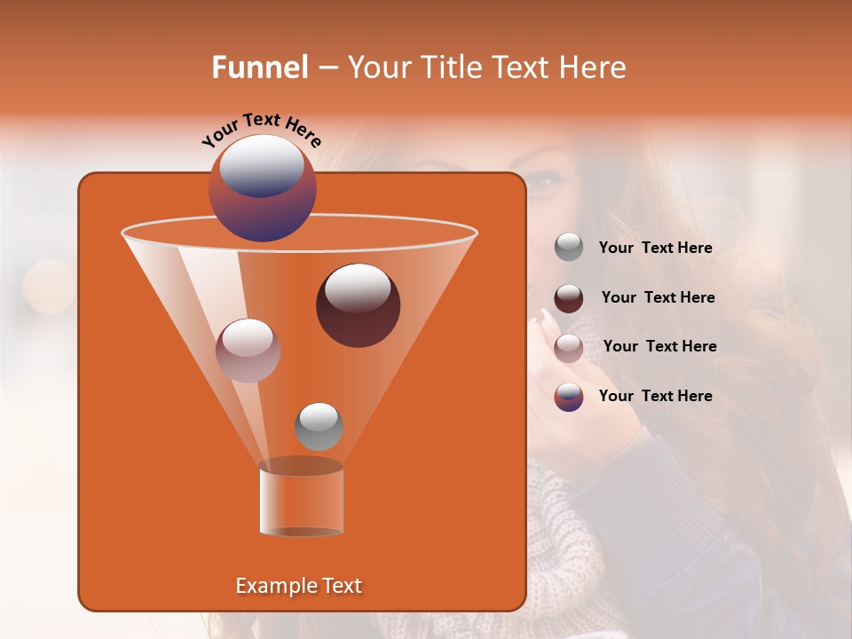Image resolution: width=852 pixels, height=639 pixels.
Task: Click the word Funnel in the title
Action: [x=259, y=67]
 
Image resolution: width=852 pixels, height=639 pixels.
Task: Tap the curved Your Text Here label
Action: [x=261, y=130]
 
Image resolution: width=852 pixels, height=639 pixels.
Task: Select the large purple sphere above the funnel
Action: [x=263, y=187]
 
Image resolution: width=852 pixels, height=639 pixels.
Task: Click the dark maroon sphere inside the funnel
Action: [x=358, y=305]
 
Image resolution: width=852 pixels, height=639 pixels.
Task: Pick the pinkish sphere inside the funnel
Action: [x=248, y=351]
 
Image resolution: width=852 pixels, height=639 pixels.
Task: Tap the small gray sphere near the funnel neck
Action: [x=319, y=427]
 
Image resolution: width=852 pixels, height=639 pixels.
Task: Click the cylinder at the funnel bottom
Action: [x=301, y=499]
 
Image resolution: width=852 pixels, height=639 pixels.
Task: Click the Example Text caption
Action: [x=298, y=586]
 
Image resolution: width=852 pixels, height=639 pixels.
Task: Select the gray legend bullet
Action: [x=569, y=248]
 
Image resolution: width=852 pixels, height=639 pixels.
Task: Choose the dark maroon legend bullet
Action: [x=569, y=298]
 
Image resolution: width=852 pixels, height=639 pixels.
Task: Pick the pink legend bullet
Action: [x=569, y=348]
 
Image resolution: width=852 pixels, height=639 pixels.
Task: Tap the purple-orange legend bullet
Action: [x=569, y=397]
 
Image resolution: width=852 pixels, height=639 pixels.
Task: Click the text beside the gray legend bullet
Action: [x=655, y=248]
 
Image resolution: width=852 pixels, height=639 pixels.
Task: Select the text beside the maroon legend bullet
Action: [x=658, y=297]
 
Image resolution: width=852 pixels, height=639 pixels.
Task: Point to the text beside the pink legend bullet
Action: [x=659, y=346]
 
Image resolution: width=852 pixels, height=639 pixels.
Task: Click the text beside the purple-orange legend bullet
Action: [x=655, y=396]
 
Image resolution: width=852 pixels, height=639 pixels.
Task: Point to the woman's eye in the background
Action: [x=544, y=182]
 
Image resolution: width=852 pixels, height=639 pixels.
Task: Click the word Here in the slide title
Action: [x=594, y=67]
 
